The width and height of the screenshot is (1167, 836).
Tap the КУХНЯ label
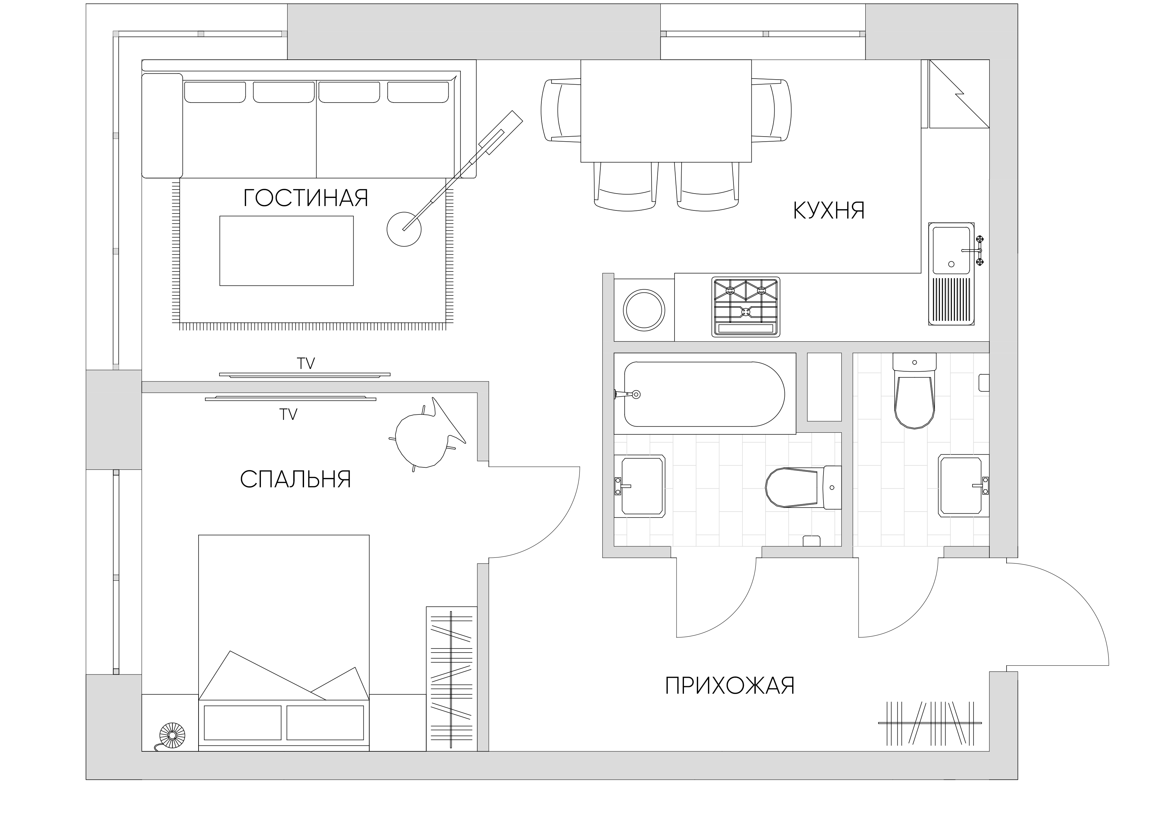(829, 210)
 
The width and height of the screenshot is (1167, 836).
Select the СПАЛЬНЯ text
(295, 479)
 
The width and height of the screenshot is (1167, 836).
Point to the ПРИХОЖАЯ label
(730, 686)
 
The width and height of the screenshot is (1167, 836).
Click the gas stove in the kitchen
(746, 307)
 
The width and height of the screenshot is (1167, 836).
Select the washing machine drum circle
(644, 310)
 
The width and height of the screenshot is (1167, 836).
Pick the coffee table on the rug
(287, 251)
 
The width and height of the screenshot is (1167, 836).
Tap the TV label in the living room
(306, 364)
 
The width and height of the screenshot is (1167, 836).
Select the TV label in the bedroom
(288, 414)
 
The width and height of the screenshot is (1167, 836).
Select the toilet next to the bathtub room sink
(803, 488)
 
